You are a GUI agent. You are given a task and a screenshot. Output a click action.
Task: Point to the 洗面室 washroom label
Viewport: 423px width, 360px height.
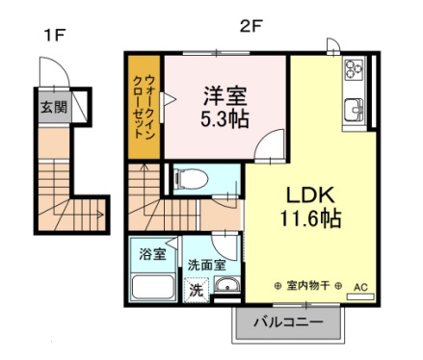coord(206,264)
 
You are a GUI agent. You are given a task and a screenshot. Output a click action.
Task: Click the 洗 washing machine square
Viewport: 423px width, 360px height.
coord(195,289)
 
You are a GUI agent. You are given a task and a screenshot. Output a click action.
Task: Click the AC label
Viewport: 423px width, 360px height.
coord(360,287)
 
